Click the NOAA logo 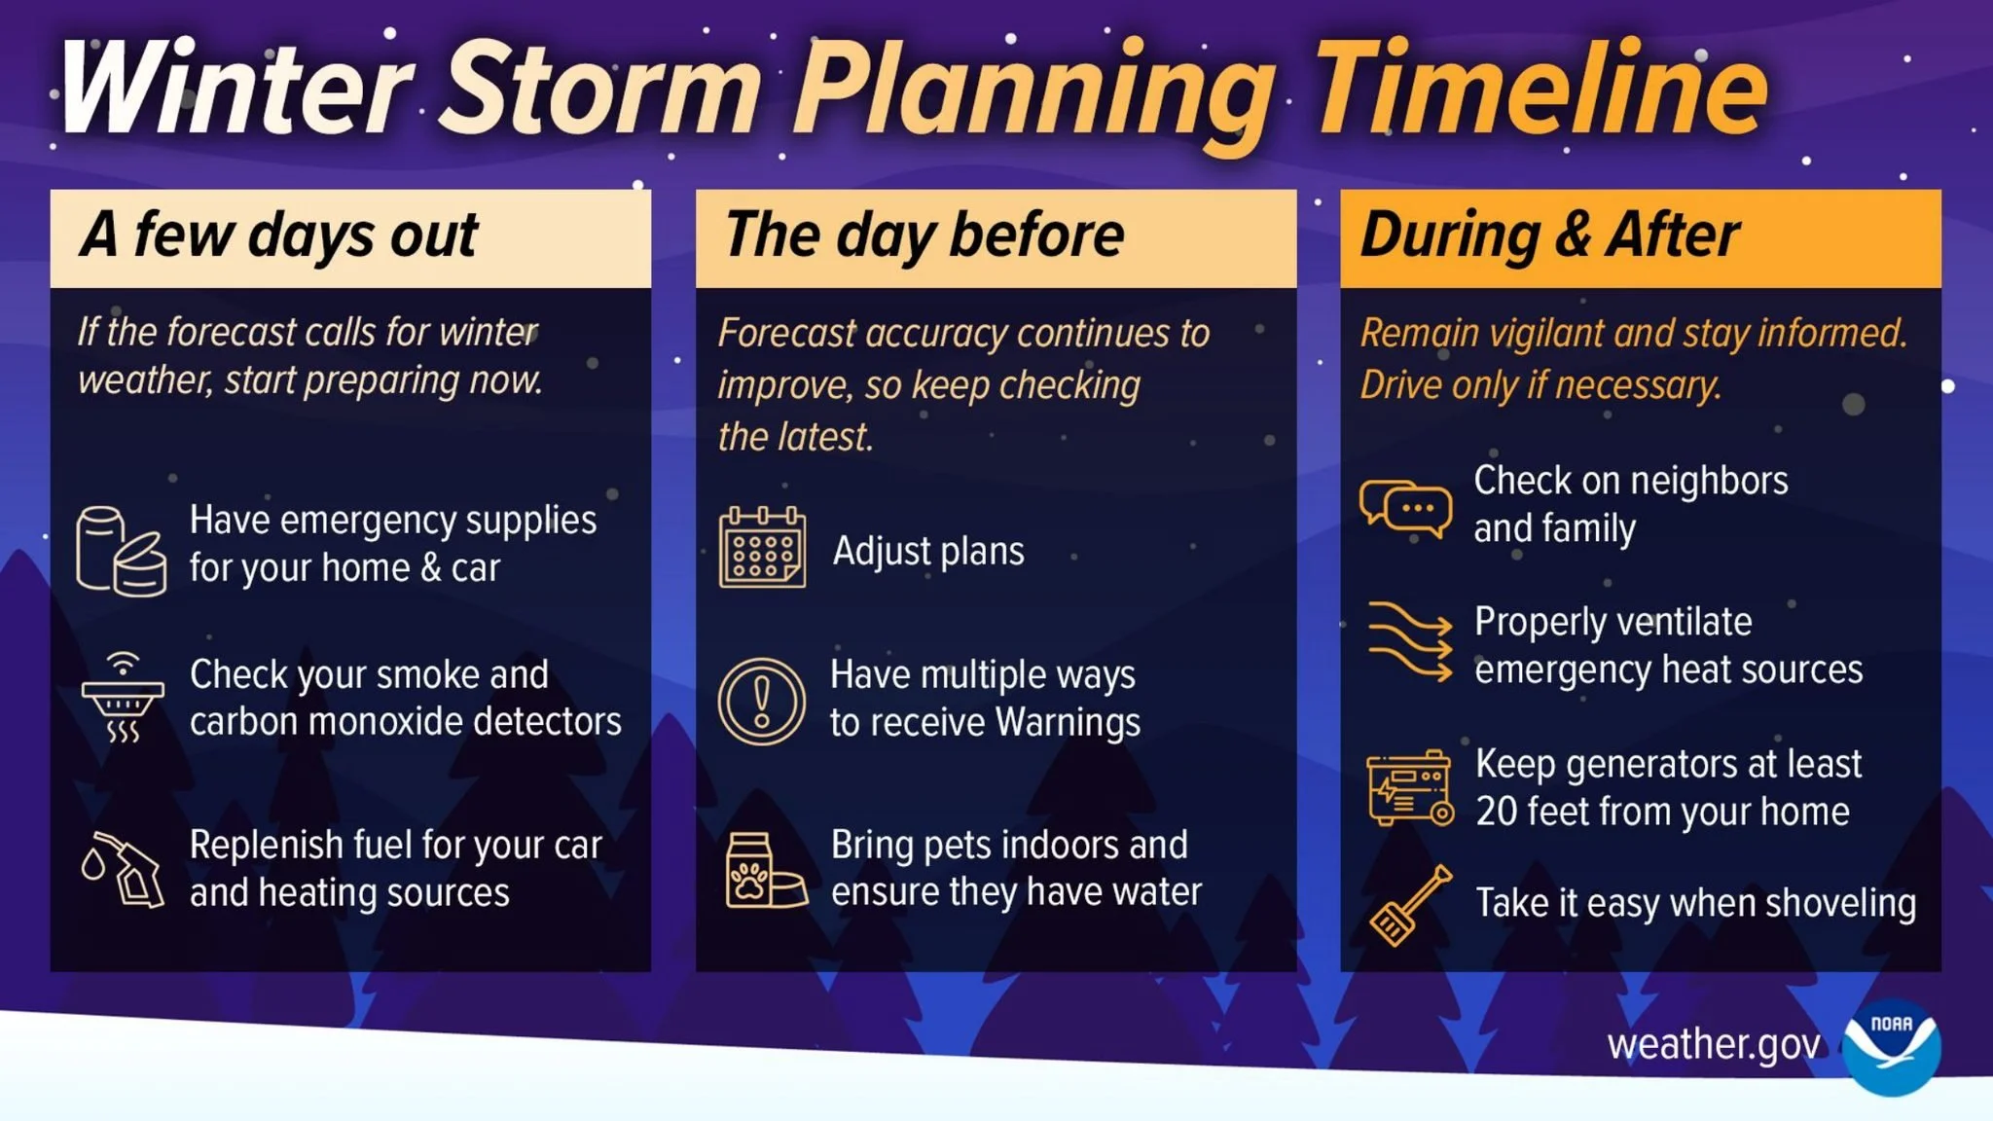(x=1891, y=1047)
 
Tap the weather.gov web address (x=1713, y=1045)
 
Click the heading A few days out (x=279, y=235)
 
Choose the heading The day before (x=924, y=235)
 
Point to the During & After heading (x=1549, y=235)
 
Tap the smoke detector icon (x=123, y=698)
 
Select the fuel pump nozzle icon (x=123, y=869)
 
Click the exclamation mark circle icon (x=762, y=701)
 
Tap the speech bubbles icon (x=1406, y=508)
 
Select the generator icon (x=1410, y=789)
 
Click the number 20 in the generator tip (x=1497, y=813)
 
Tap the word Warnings (x=1068, y=723)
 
